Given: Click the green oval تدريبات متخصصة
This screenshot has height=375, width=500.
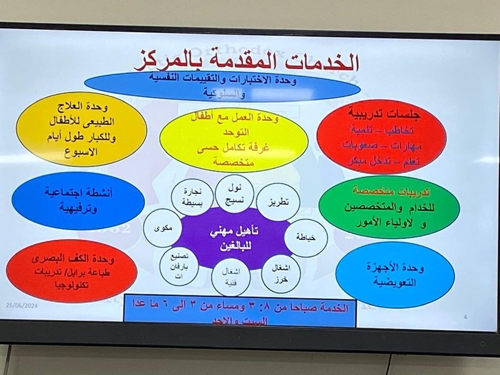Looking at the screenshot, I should click(389, 207).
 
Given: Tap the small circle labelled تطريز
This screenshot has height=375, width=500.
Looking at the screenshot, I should click(278, 201).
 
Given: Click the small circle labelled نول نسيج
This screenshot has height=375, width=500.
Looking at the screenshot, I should click(234, 193).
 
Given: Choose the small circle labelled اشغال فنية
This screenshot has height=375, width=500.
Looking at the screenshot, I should click(231, 278).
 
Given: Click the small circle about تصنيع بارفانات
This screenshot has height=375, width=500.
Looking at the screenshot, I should click(178, 266).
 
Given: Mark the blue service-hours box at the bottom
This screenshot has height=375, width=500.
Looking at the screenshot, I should click(240, 311).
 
